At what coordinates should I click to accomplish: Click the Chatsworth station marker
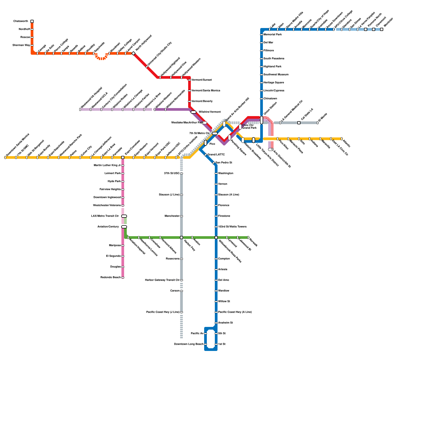32,21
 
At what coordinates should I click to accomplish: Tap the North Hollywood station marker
133,53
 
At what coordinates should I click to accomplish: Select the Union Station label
270,109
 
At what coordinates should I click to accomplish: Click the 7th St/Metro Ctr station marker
215,133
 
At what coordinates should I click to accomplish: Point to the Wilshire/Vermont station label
209,112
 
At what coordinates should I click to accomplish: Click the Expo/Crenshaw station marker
123,157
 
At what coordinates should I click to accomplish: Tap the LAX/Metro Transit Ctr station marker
124,216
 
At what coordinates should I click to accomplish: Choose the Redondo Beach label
110,278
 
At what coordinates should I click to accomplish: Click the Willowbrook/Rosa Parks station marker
216,238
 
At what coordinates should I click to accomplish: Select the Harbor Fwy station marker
181,238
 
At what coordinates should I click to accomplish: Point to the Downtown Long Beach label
189,344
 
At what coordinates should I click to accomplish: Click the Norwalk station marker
248,238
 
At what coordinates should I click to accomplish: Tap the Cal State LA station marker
299,123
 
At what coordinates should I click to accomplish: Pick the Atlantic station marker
342,139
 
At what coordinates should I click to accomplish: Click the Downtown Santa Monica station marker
5,157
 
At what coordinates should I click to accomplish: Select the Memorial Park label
272,35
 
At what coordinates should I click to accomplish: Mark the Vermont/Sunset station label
201,80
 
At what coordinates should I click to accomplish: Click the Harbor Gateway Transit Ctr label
162,280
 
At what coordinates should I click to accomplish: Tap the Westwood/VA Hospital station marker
80,109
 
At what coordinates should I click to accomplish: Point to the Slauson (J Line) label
169,195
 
